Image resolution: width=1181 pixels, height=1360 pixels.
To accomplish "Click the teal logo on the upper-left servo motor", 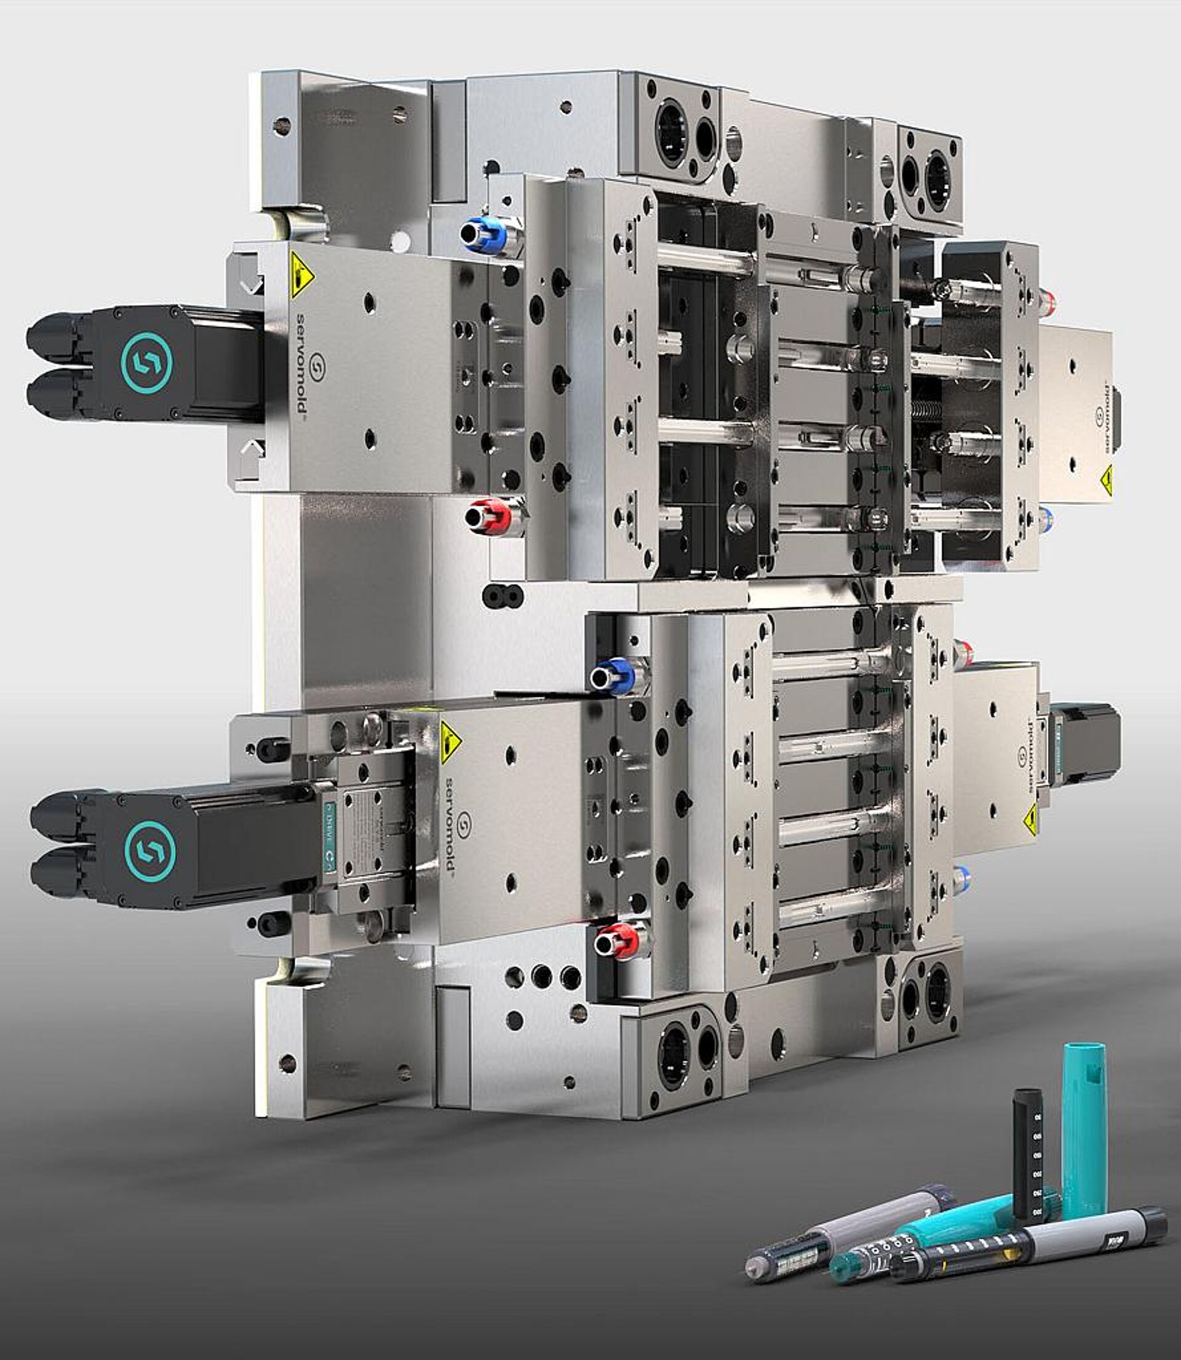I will pos(146,362).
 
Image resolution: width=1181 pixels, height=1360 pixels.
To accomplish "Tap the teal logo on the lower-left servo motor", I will pos(149,847).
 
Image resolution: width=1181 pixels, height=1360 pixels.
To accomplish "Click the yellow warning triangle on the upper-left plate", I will pos(301,271).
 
